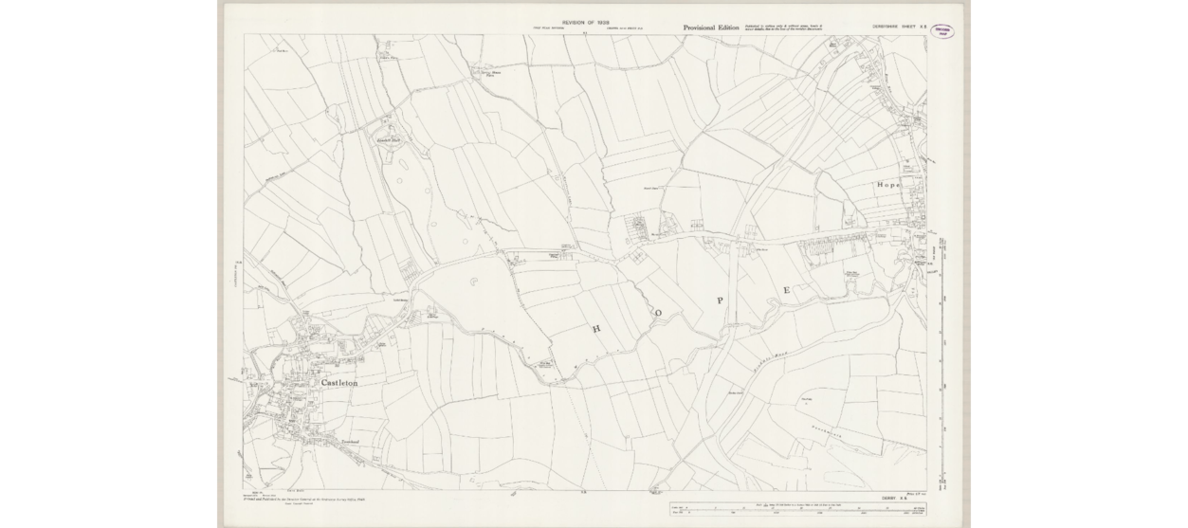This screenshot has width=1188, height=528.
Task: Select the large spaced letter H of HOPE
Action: pos(597,329)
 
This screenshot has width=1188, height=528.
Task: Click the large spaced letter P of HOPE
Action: pos(721,300)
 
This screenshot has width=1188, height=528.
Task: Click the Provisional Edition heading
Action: pos(711,28)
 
